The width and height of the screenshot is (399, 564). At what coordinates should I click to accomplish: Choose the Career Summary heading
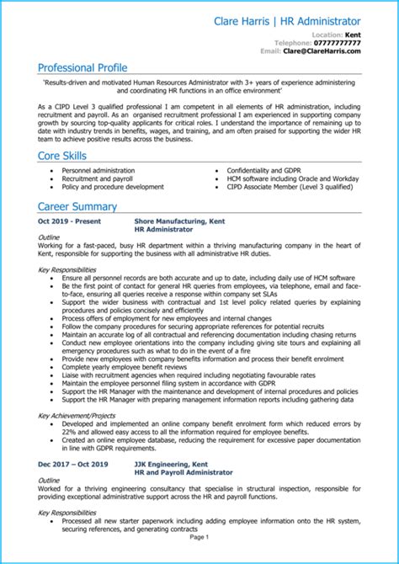pyautogui.click(x=78, y=206)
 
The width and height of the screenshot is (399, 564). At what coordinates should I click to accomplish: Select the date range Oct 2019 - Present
pyautogui.click(x=70, y=221)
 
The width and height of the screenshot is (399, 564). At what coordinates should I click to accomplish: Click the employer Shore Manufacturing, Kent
pyautogui.click(x=180, y=221)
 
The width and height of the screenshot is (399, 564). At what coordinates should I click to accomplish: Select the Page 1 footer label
pyautogui.click(x=199, y=559)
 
